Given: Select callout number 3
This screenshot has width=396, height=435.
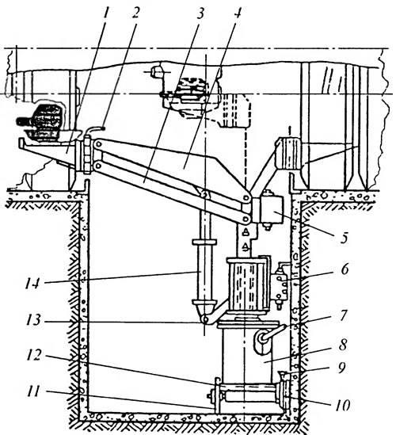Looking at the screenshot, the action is pos(201,13).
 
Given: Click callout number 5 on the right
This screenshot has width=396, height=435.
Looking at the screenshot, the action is pos(345,238).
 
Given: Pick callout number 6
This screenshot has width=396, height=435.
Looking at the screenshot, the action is pos(345,269).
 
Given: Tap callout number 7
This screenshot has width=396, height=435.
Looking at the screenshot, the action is pos(343,315).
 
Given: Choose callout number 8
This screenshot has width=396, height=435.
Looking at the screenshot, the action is pos(343,345).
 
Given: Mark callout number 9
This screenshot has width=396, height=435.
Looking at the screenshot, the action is pos(342,368).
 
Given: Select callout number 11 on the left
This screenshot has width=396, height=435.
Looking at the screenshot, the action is pos(34,391).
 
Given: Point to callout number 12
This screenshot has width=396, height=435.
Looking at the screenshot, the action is pos(34,355).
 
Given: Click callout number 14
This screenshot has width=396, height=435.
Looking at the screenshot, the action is pos(32,283).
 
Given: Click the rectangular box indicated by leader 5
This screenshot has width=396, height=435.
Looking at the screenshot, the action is pos(271,209).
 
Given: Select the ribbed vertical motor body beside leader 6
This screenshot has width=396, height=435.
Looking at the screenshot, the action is pos(249,284).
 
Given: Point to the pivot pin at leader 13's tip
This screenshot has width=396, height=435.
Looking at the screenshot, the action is pos(205,319).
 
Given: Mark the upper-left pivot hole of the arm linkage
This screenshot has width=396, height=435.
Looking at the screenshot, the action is pos(97,144).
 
